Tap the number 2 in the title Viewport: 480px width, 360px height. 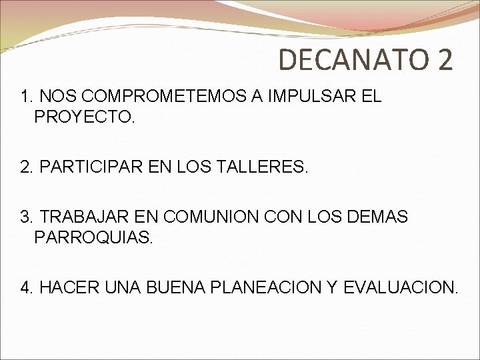point(445,59)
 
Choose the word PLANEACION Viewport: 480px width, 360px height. point(266,287)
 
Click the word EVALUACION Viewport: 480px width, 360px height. point(401,287)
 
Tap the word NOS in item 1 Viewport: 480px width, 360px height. point(55,97)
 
